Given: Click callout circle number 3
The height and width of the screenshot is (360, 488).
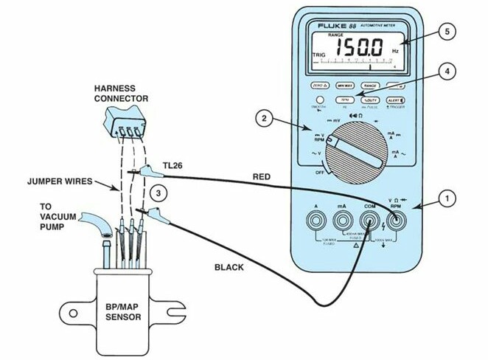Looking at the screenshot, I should click(157, 193).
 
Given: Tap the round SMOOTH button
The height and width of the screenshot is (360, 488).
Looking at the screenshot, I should click(321, 100).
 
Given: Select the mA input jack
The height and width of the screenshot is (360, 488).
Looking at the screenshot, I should click(342, 221).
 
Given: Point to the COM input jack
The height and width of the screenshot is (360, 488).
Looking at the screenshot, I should click(369, 221).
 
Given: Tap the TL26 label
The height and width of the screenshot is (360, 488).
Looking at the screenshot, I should click(173, 165).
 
